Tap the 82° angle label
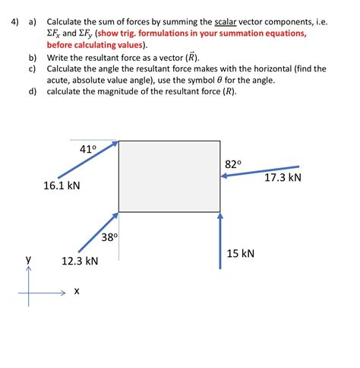click(233, 164)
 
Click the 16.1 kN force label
click(62, 186)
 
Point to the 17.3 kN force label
click(283, 178)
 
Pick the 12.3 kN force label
click(80, 262)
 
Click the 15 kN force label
click(241, 252)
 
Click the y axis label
click(29, 259)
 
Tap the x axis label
click(77, 291)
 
